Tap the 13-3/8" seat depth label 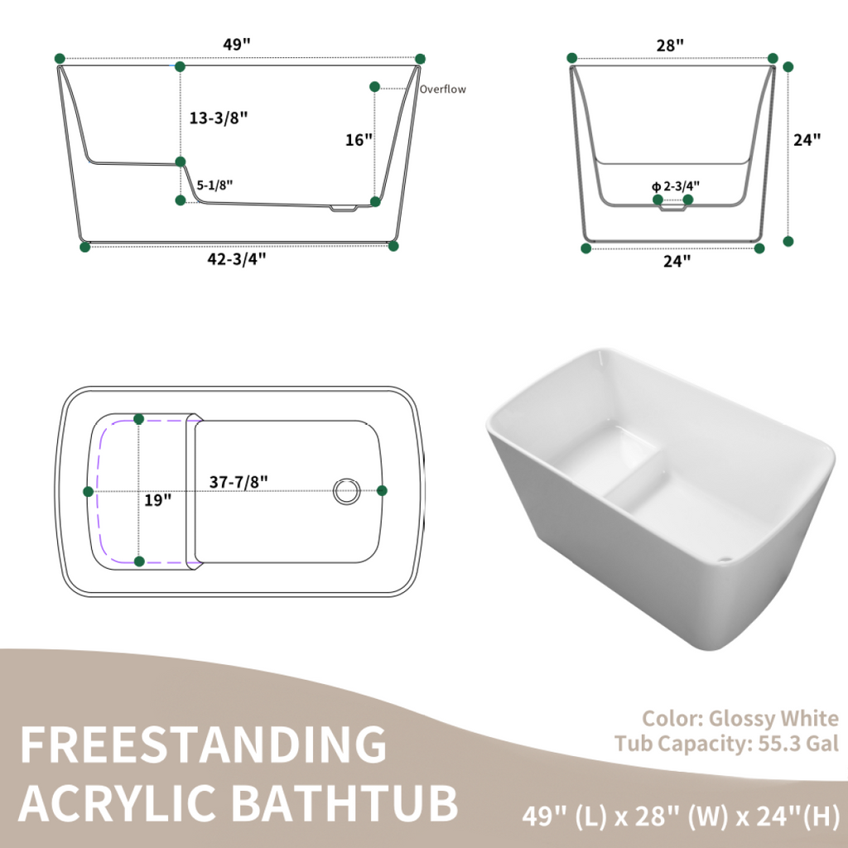tap(219, 118)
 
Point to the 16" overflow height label tap(359, 140)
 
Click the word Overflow tap(442, 89)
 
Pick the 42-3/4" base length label tap(236, 259)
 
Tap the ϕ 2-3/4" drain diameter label tap(676, 185)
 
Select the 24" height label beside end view tap(807, 140)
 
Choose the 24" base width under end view tap(677, 261)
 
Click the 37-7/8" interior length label tap(238, 479)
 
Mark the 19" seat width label tap(157, 499)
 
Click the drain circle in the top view tap(346, 490)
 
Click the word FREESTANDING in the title tap(203, 745)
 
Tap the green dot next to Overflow tap(375, 86)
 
